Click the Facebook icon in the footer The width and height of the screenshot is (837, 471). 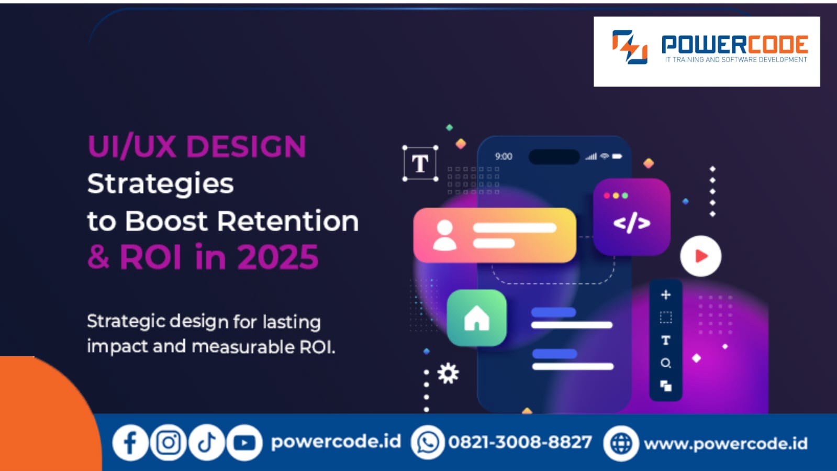(130, 443)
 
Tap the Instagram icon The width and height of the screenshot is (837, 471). (168, 443)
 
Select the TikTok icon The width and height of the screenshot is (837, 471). (207, 443)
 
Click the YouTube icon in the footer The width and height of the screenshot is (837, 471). (244, 443)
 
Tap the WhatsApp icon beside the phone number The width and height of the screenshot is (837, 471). (428, 443)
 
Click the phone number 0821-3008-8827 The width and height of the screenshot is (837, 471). (520, 443)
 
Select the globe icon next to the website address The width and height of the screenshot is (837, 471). (621, 444)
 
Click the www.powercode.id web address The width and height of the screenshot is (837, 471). (726, 444)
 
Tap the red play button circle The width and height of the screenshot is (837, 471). (700, 256)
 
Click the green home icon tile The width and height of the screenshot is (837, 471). (476, 318)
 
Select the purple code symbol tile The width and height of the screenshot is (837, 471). (632, 217)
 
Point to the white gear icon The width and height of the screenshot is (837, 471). (448, 373)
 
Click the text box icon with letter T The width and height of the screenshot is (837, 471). (420, 163)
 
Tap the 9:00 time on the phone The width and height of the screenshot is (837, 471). (504, 157)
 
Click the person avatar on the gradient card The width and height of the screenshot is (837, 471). (444, 235)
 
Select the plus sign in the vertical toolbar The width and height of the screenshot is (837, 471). (666, 295)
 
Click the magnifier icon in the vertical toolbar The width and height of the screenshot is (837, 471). (666, 363)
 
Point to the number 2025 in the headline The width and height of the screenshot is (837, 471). (277, 257)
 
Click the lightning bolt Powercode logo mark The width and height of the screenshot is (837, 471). (630, 47)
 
